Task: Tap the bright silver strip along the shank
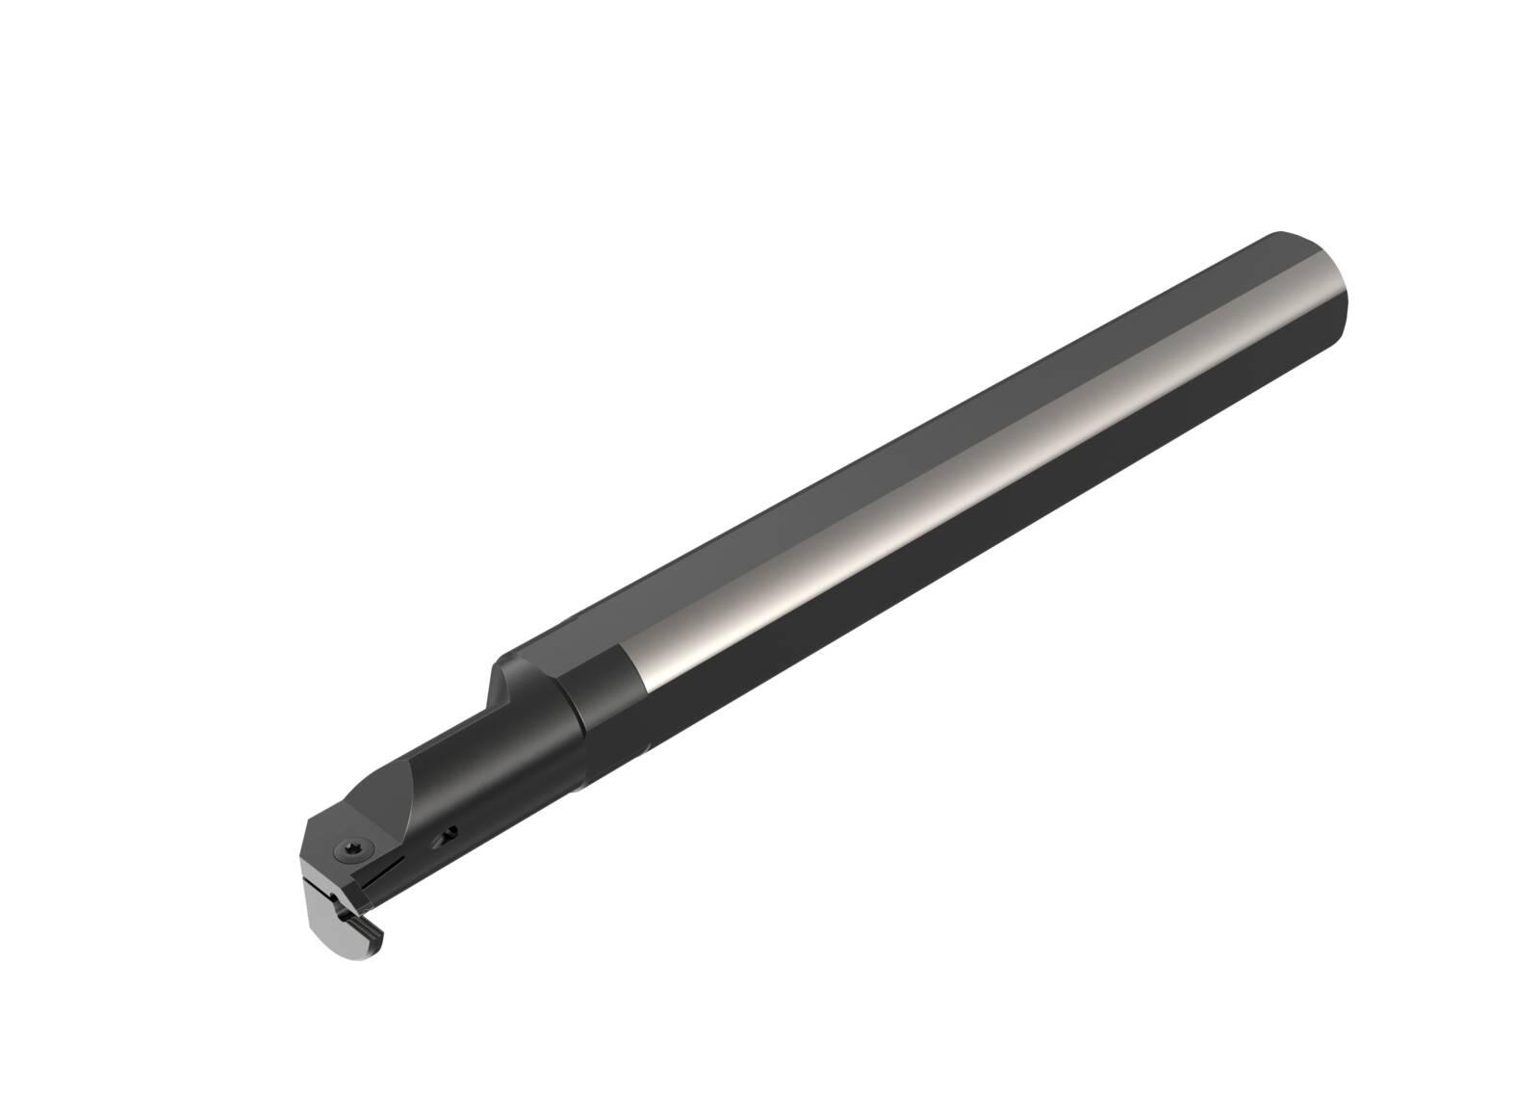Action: tap(962, 481)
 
